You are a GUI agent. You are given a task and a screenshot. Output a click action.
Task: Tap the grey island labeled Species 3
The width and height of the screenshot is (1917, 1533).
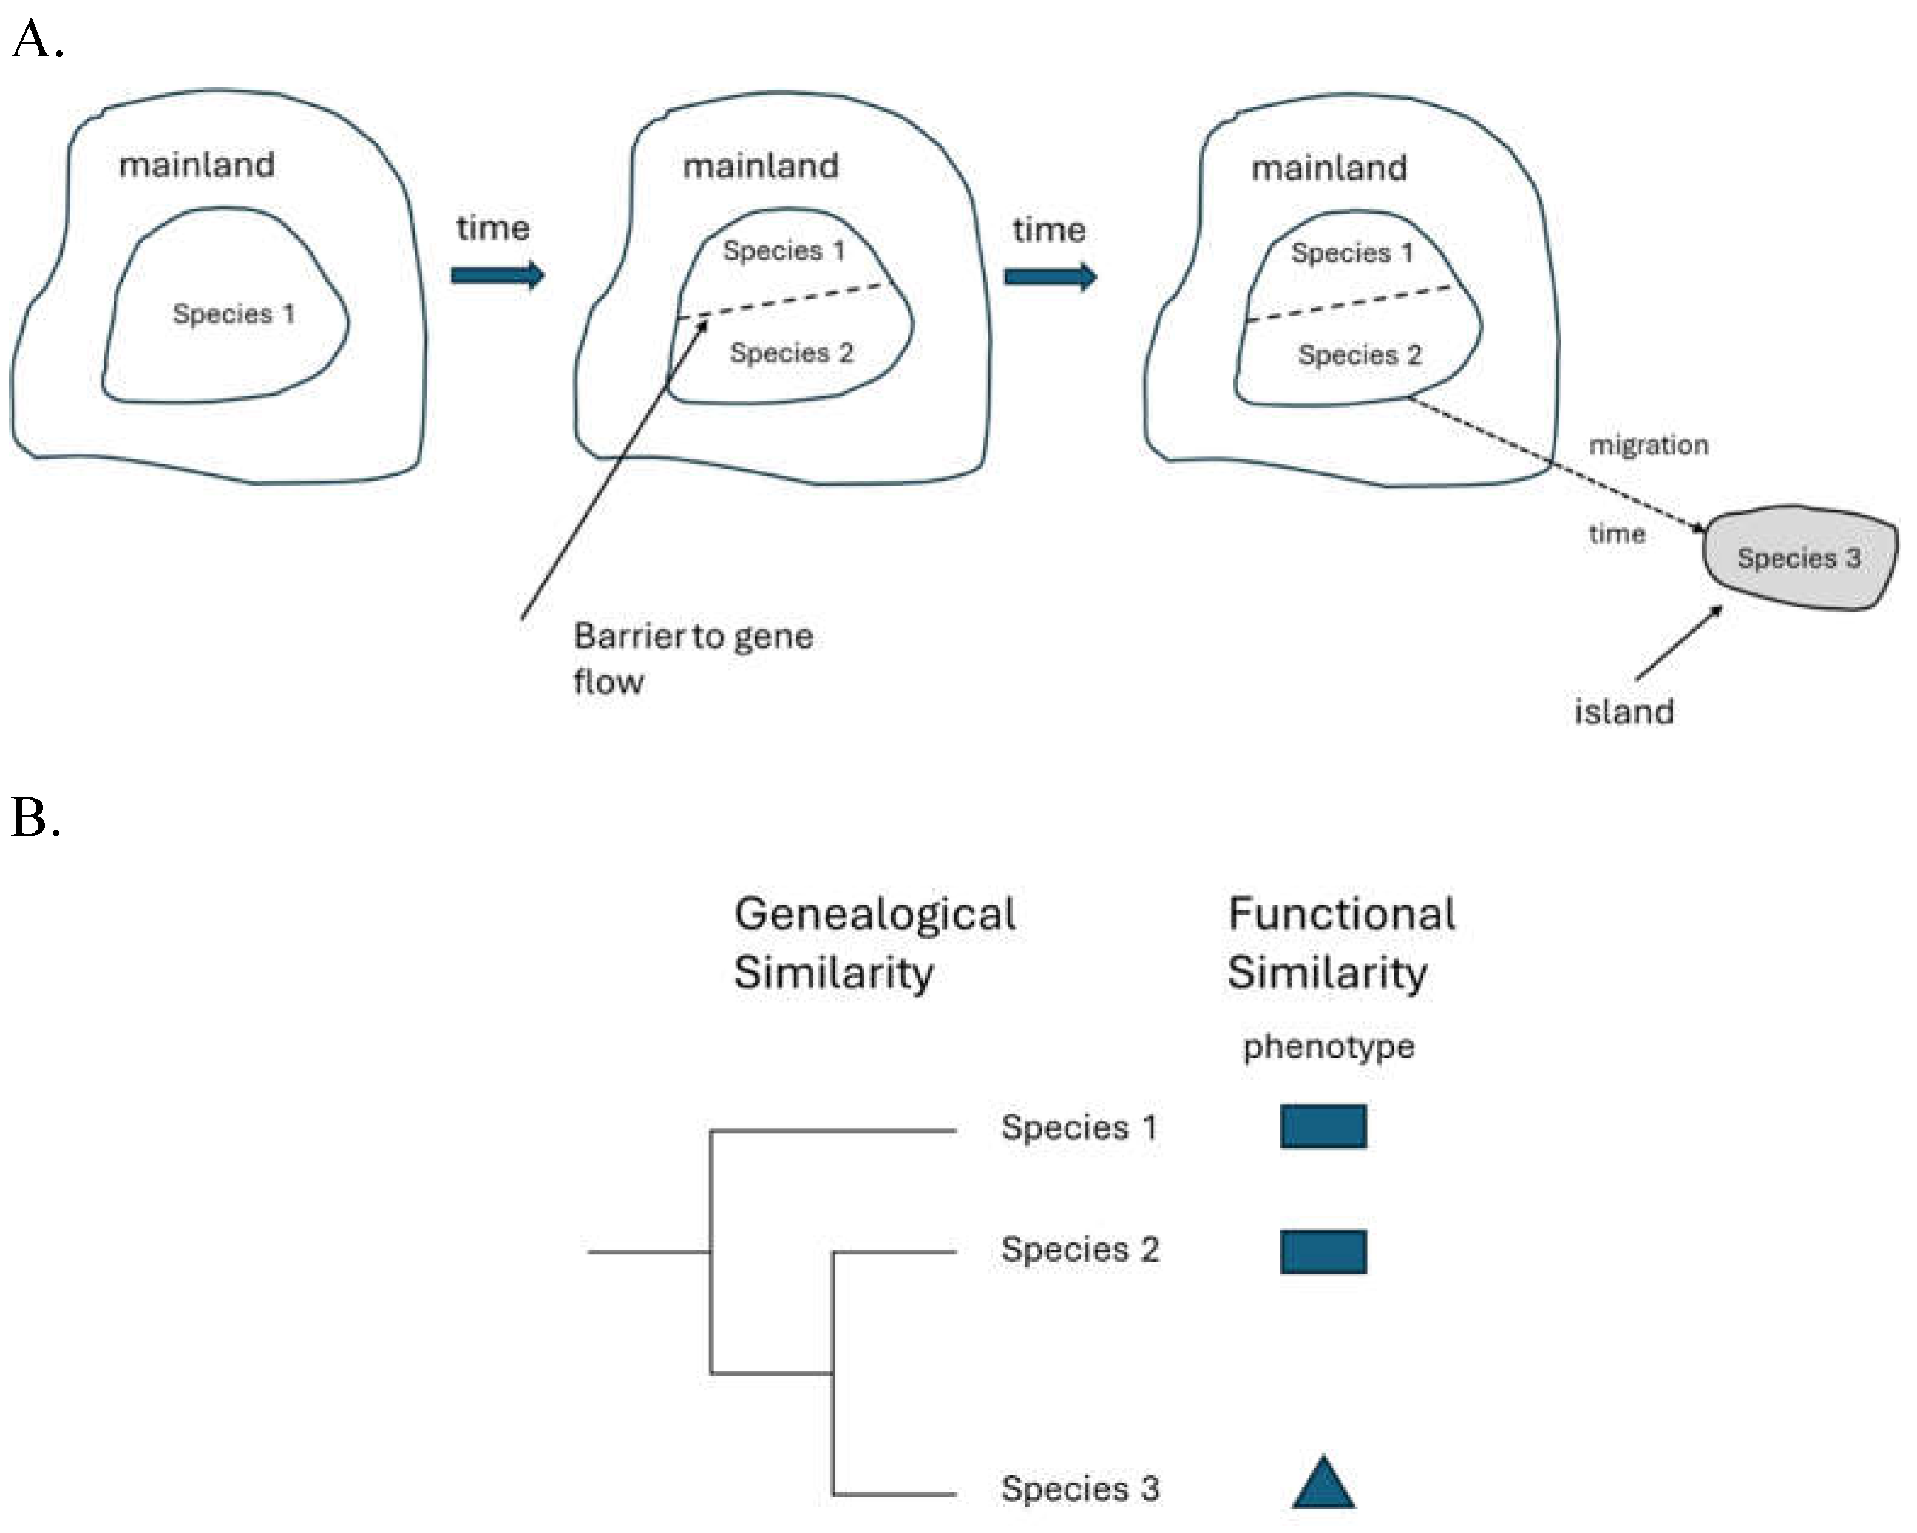1799,558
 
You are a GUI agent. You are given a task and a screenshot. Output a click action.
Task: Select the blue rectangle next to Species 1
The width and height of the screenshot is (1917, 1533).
1323,1126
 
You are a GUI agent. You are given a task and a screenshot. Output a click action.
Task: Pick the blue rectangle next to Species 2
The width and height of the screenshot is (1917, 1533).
1323,1251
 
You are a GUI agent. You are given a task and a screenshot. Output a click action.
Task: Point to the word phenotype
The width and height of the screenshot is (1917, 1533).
1328,1046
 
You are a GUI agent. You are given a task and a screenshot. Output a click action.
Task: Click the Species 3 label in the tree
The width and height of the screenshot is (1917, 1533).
1079,1487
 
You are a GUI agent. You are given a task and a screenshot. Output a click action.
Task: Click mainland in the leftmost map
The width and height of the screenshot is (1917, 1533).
197,164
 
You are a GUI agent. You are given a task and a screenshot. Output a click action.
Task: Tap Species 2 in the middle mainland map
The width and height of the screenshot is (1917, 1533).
792,353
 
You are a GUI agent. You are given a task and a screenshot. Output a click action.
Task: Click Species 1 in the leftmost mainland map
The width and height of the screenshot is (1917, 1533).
233,314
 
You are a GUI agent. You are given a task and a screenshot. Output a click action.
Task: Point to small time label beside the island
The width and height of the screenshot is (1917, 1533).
1617,533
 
